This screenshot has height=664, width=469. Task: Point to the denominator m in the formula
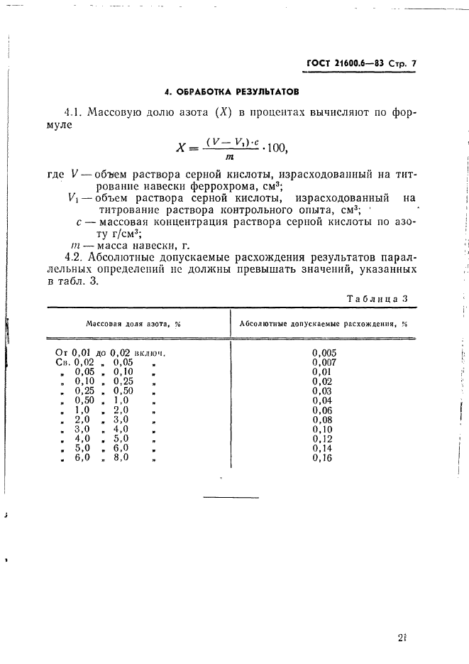(230, 158)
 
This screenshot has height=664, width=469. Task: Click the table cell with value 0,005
(324, 352)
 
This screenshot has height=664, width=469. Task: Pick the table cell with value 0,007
(324, 361)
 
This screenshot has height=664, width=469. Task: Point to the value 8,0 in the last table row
(120, 458)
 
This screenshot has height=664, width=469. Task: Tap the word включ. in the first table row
(157, 352)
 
